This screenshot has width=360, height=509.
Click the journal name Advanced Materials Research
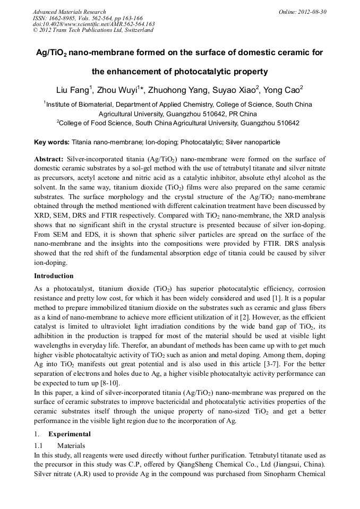pos(69,12)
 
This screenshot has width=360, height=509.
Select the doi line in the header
pos(93,24)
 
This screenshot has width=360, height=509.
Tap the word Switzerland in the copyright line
pos(135,30)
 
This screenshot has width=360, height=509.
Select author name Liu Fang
pos(73,89)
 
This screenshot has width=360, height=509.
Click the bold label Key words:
pos(52,142)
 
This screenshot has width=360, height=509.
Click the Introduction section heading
pos(54,276)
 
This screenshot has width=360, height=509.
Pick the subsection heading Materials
pos(71,446)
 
